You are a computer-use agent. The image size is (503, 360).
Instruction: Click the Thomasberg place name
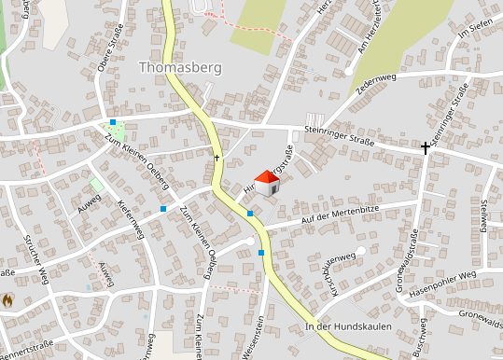(x=174, y=67)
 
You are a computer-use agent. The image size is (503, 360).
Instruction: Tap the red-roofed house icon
(x=267, y=183)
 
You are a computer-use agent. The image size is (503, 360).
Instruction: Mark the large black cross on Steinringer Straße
(x=426, y=147)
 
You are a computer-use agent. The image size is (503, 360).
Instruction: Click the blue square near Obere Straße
(x=113, y=122)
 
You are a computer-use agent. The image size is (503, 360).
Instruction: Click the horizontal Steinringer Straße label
(x=339, y=141)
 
